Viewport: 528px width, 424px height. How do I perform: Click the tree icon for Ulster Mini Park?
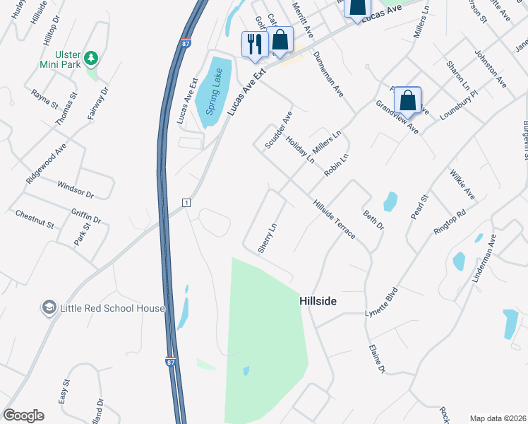[x=90, y=57]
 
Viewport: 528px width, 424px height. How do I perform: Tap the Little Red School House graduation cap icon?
[x=49, y=308]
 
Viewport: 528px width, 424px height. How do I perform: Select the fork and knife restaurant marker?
[x=253, y=44]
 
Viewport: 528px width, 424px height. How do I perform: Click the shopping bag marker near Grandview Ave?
[x=408, y=100]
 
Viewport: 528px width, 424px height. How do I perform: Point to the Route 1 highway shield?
[x=185, y=203]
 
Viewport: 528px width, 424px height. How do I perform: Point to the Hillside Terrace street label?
[x=335, y=218]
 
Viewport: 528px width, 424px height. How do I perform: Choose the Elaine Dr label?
[x=378, y=359]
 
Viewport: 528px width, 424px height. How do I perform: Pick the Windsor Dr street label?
[x=76, y=189]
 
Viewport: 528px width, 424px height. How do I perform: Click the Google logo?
[x=23, y=416]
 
